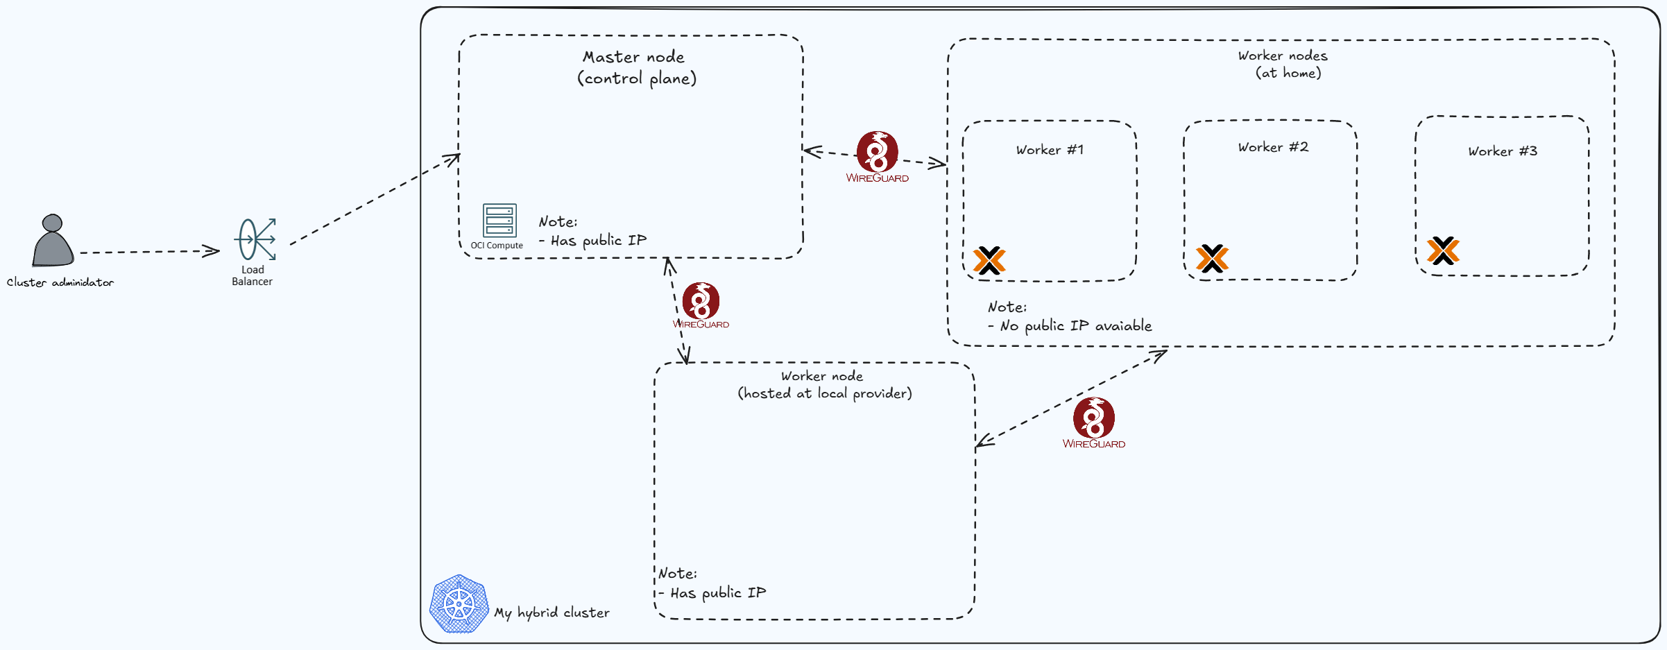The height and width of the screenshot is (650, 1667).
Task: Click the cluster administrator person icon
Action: point(53,241)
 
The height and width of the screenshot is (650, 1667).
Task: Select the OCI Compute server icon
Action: point(499,221)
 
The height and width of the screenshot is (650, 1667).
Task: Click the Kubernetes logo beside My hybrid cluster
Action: point(459,604)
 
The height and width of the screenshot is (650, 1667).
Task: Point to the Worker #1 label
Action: point(1050,150)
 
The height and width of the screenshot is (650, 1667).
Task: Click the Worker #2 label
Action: point(1273,147)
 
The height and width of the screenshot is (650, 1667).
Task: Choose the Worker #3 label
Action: point(1503,151)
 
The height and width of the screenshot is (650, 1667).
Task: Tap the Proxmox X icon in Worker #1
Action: point(989,260)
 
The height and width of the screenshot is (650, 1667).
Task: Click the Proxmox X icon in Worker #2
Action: point(1212,258)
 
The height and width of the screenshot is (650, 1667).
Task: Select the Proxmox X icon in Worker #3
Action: point(1443,250)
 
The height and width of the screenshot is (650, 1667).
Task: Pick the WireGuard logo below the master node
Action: point(701,302)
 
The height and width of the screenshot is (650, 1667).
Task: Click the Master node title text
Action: point(633,57)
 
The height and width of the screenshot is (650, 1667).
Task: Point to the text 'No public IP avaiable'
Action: point(1076,326)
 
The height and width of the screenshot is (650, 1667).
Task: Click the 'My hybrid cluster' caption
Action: point(552,613)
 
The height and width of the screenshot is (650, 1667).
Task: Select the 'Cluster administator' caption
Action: point(60,282)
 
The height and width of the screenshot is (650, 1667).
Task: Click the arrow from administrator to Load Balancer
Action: point(149,252)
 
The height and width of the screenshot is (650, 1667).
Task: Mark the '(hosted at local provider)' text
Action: point(825,393)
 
